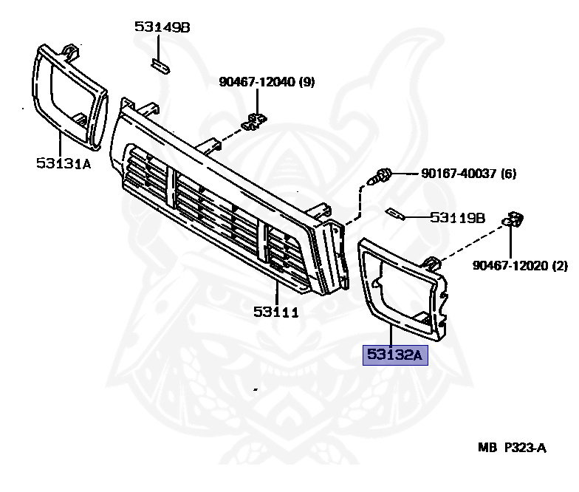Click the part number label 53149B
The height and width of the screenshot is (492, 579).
click(x=162, y=27)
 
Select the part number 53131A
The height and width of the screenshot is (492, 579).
click(x=63, y=163)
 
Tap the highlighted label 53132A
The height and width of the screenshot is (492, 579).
click(x=394, y=355)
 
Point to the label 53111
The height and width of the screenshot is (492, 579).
click(x=276, y=312)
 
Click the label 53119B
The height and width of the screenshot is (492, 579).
click(x=457, y=218)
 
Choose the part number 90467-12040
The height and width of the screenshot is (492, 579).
click(x=256, y=82)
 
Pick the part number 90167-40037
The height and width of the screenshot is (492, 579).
click(x=459, y=174)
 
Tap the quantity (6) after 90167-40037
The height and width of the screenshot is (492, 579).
click(x=508, y=174)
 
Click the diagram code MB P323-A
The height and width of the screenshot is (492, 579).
click(x=512, y=447)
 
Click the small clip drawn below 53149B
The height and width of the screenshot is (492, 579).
click(x=160, y=66)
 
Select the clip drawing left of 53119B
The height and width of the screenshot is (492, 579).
click(x=395, y=215)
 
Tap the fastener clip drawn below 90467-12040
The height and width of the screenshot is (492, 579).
click(x=256, y=120)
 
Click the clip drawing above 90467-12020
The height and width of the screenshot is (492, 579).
click(x=513, y=219)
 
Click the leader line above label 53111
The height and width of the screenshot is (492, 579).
click(x=276, y=291)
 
